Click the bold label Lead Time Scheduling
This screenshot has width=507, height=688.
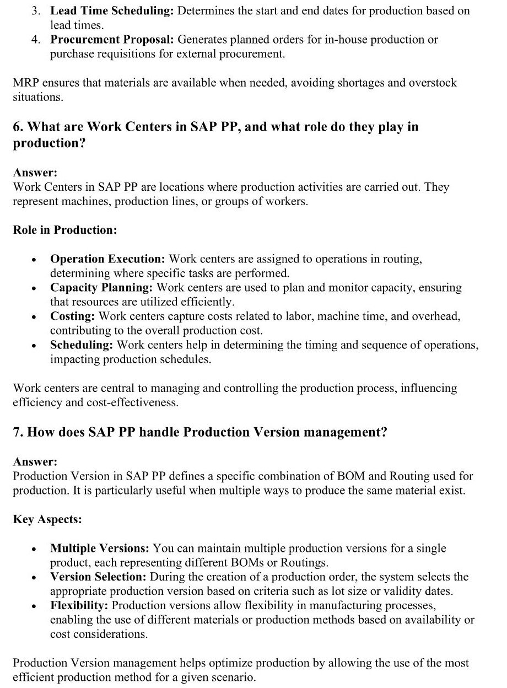112,11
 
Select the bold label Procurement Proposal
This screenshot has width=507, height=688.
112,40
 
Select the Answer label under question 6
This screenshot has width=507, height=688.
35,173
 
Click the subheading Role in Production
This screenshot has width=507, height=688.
64,230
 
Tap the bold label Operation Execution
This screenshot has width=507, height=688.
107,259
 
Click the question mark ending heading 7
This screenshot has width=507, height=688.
384,433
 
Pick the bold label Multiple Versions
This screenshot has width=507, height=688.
100,549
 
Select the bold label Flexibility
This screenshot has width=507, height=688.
79,606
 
